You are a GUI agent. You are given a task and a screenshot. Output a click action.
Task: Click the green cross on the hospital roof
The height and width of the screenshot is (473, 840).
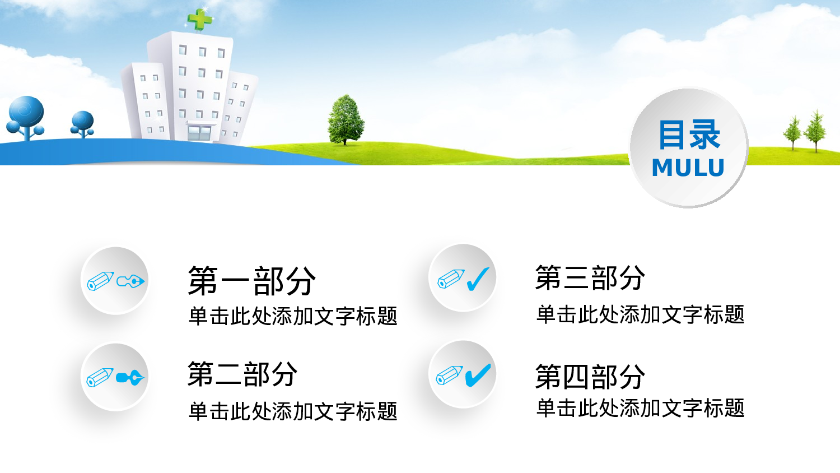point(200,20)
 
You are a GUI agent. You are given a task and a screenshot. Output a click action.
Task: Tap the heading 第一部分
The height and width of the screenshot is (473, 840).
point(251,281)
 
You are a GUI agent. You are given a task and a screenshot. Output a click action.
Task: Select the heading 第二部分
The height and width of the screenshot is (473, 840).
point(242,374)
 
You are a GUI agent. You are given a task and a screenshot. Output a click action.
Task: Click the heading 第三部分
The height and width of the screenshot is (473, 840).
point(590,278)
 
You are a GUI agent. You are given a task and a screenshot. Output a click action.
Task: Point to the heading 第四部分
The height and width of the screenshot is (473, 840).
point(590,377)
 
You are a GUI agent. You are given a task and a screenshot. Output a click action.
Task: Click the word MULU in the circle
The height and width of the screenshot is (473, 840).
point(688,168)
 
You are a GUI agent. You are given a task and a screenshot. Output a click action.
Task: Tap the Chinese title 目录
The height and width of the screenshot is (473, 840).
point(689,135)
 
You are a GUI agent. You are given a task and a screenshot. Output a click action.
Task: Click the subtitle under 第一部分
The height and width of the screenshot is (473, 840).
point(293,317)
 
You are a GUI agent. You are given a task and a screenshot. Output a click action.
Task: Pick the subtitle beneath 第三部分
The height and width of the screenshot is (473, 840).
point(640,315)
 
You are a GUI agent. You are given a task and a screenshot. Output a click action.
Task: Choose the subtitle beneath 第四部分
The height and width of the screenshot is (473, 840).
point(640,409)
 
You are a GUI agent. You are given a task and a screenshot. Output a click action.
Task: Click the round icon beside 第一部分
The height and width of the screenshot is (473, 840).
point(115,281)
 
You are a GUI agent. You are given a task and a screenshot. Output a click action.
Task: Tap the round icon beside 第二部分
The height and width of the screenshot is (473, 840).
point(115,377)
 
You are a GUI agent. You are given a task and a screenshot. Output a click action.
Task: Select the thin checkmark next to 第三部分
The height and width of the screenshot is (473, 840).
point(478,279)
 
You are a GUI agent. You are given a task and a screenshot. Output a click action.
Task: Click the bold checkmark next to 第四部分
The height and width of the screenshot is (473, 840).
point(478,375)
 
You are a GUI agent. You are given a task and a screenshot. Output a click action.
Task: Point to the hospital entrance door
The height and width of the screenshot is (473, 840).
point(199,133)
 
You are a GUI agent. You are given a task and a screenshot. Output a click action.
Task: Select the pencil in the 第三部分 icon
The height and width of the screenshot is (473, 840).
point(451,279)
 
